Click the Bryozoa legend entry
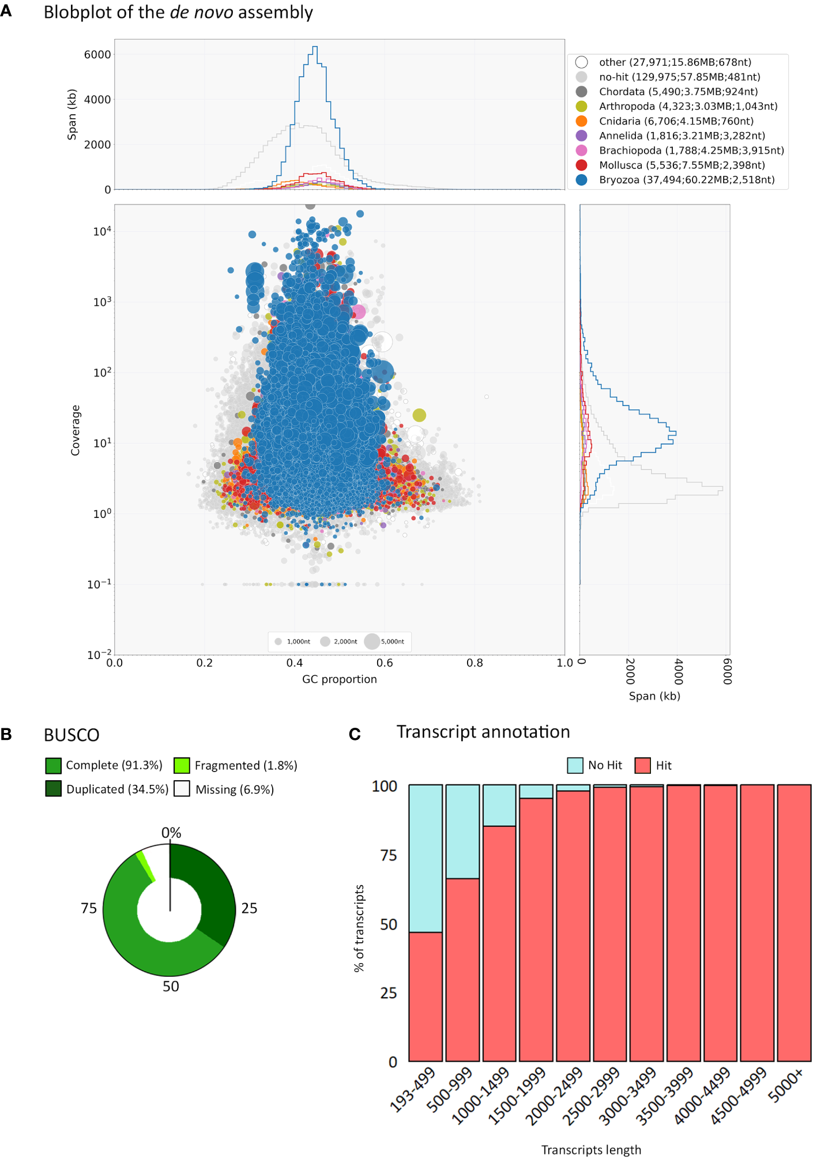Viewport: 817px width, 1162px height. coord(686,180)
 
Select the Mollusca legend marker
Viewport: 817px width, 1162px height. coord(581,166)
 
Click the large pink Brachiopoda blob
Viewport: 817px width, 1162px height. coord(359,312)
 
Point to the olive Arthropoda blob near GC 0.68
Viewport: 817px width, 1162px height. coord(419,415)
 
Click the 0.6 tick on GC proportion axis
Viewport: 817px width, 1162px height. coord(385,663)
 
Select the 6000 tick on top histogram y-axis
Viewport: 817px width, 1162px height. coord(97,55)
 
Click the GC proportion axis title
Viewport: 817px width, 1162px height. coord(339,679)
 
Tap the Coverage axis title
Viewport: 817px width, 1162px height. coord(76,430)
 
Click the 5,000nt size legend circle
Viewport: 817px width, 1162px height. coord(372,641)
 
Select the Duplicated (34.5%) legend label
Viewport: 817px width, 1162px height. coord(117,789)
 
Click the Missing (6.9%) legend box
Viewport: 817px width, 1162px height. coord(182,789)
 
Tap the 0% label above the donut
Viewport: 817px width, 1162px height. coord(171,833)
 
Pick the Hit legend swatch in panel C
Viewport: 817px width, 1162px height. coord(642,766)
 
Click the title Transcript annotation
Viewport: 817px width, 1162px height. coord(483,732)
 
